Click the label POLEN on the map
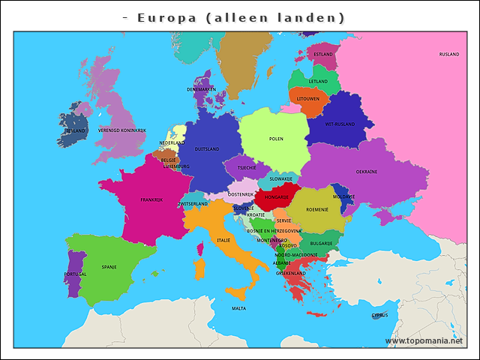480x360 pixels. point(276,139)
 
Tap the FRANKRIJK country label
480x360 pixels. point(151,199)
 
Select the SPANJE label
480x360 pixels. point(109,266)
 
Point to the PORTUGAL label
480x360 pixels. point(75,274)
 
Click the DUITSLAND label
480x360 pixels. point(206,149)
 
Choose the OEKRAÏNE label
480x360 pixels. point(366,172)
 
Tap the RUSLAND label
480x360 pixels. point(448,55)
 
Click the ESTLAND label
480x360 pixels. point(323,55)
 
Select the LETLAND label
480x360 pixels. point(318,81)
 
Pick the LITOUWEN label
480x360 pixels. point(307,98)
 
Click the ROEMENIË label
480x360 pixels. point(317,209)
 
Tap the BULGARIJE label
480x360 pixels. point(321,243)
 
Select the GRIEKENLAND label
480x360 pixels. point(290,273)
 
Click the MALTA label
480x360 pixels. point(238,308)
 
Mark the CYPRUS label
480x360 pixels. point(379,315)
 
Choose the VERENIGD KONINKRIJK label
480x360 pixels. point(121,130)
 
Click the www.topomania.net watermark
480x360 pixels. point(424,341)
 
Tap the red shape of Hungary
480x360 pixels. point(276,198)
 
